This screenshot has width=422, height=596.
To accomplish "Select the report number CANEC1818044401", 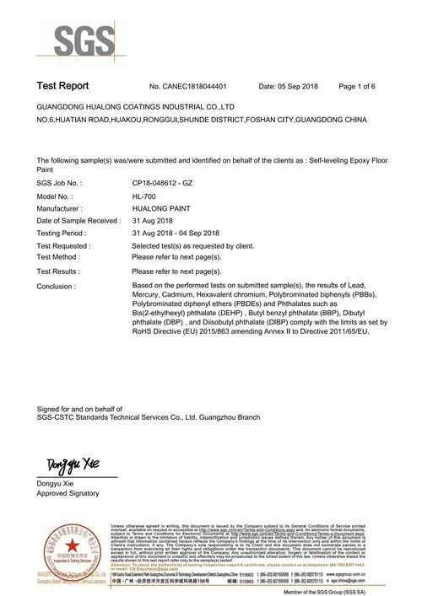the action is point(200,87).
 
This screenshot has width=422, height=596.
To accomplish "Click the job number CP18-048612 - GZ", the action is point(168,182).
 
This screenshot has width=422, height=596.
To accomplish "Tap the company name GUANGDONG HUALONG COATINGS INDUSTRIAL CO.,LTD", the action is point(136,109).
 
